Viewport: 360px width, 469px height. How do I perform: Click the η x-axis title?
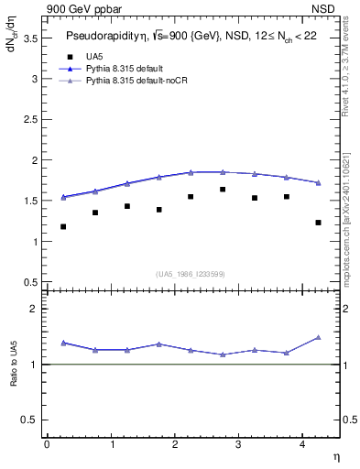click(x=335, y=457)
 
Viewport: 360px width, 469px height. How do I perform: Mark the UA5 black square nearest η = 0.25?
click(x=63, y=226)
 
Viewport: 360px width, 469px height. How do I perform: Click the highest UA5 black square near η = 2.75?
click(x=223, y=190)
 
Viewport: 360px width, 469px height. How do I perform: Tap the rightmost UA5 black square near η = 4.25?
click(x=318, y=223)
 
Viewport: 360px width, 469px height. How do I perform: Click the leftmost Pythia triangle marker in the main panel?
click(x=63, y=197)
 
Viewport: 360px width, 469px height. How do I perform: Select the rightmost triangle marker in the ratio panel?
click(x=318, y=337)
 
